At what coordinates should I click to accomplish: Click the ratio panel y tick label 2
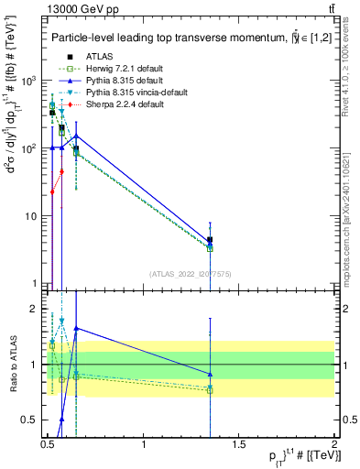coord(33,310)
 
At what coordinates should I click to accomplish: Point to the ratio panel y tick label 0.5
coord(29,420)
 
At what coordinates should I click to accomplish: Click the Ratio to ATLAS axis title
coord(13,365)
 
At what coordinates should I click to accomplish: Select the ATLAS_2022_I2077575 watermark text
coord(191,273)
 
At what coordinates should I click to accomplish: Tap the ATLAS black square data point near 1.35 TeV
coord(211,240)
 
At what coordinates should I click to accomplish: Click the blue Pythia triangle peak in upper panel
coord(76,136)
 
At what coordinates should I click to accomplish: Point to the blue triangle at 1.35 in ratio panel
coord(211,374)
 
